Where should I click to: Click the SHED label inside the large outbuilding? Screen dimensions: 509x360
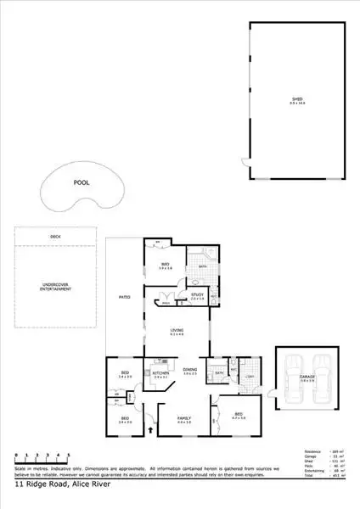pos(296,99)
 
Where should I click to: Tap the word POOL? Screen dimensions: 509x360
pos(81,182)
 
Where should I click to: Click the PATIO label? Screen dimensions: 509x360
pos(122,295)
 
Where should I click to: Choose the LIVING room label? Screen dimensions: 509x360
pos(177,331)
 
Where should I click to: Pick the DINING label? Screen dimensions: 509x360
pos(191,370)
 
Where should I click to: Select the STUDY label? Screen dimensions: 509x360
pos(197,296)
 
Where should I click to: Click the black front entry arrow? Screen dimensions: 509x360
pos(150,430)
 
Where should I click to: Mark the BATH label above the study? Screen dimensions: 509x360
pos(203,267)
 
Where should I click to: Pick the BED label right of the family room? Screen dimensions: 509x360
pos(238,414)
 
